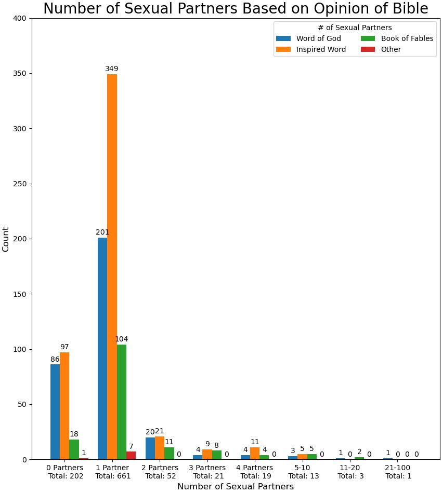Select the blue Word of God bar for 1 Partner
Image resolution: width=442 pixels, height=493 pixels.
pyautogui.click(x=102, y=348)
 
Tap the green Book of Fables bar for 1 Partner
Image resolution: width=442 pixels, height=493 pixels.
pyautogui.click(x=122, y=402)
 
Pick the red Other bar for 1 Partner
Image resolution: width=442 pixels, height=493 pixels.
pyautogui.click(x=131, y=456)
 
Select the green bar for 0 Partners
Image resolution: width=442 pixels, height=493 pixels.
pyautogui.click(x=74, y=449)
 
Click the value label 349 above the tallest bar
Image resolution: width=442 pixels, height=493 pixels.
pyautogui.click(x=112, y=69)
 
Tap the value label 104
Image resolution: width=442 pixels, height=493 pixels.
pyautogui.click(x=121, y=339)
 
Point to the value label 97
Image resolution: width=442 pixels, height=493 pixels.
pyautogui.click(x=64, y=347)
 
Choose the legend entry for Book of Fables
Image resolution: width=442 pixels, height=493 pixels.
pyautogui.click(x=407, y=38)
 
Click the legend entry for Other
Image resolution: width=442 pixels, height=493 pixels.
pyautogui.click(x=391, y=49)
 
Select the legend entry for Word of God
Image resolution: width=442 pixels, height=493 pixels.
pyautogui.click(x=318, y=38)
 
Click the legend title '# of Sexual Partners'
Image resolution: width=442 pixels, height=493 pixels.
pyautogui.click(x=355, y=28)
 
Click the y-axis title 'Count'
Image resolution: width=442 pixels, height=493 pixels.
pyautogui.click(x=6, y=239)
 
